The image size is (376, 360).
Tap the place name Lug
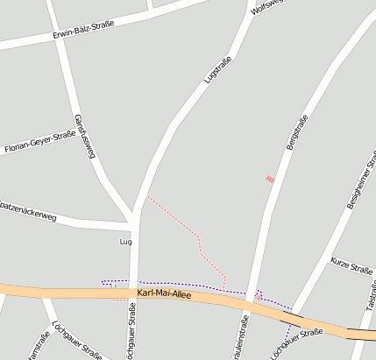tap(124, 241)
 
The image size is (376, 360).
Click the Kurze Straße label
tap(352, 265)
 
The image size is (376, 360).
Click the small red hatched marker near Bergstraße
tap(270, 180)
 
